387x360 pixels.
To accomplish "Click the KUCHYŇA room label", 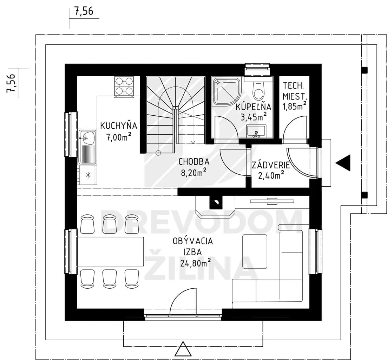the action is [x=118, y=126].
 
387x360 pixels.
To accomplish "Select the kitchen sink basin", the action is [x=87, y=138].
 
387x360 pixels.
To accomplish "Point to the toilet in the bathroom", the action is [x=258, y=91].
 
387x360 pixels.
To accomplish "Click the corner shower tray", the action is [x=225, y=91].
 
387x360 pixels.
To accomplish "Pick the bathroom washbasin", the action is [x=256, y=131].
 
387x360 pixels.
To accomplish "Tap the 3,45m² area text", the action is [x=254, y=116].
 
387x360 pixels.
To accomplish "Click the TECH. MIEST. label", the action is [x=294, y=91].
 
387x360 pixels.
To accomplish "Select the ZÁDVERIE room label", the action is [x=270, y=165].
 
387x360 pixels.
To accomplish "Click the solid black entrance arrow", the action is [x=343, y=163].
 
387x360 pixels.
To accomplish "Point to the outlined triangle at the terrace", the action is [x=183, y=349].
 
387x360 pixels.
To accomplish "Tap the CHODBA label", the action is [x=194, y=162].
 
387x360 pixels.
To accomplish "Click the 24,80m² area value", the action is [x=196, y=263].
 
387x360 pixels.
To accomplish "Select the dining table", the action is [x=110, y=251].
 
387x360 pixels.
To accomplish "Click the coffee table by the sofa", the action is [x=255, y=251].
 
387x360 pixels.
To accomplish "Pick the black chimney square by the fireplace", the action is [x=216, y=202].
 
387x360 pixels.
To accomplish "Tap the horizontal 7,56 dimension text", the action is [x=84, y=11].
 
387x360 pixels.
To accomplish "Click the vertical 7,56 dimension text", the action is [x=11, y=83].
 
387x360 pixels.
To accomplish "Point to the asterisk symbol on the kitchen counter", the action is [x=88, y=175].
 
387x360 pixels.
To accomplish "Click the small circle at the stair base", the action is [x=158, y=153].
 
